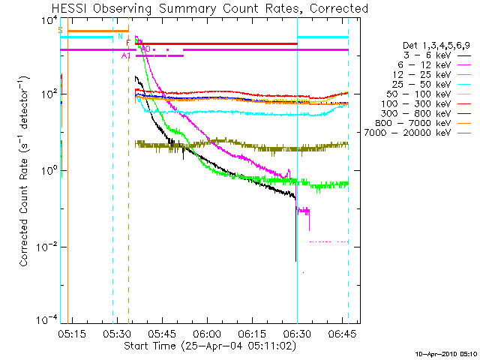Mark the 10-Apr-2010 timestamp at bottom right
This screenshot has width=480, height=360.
(445, 353)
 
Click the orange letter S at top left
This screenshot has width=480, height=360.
(60, 31)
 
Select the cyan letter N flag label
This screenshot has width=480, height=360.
(120, 36)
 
